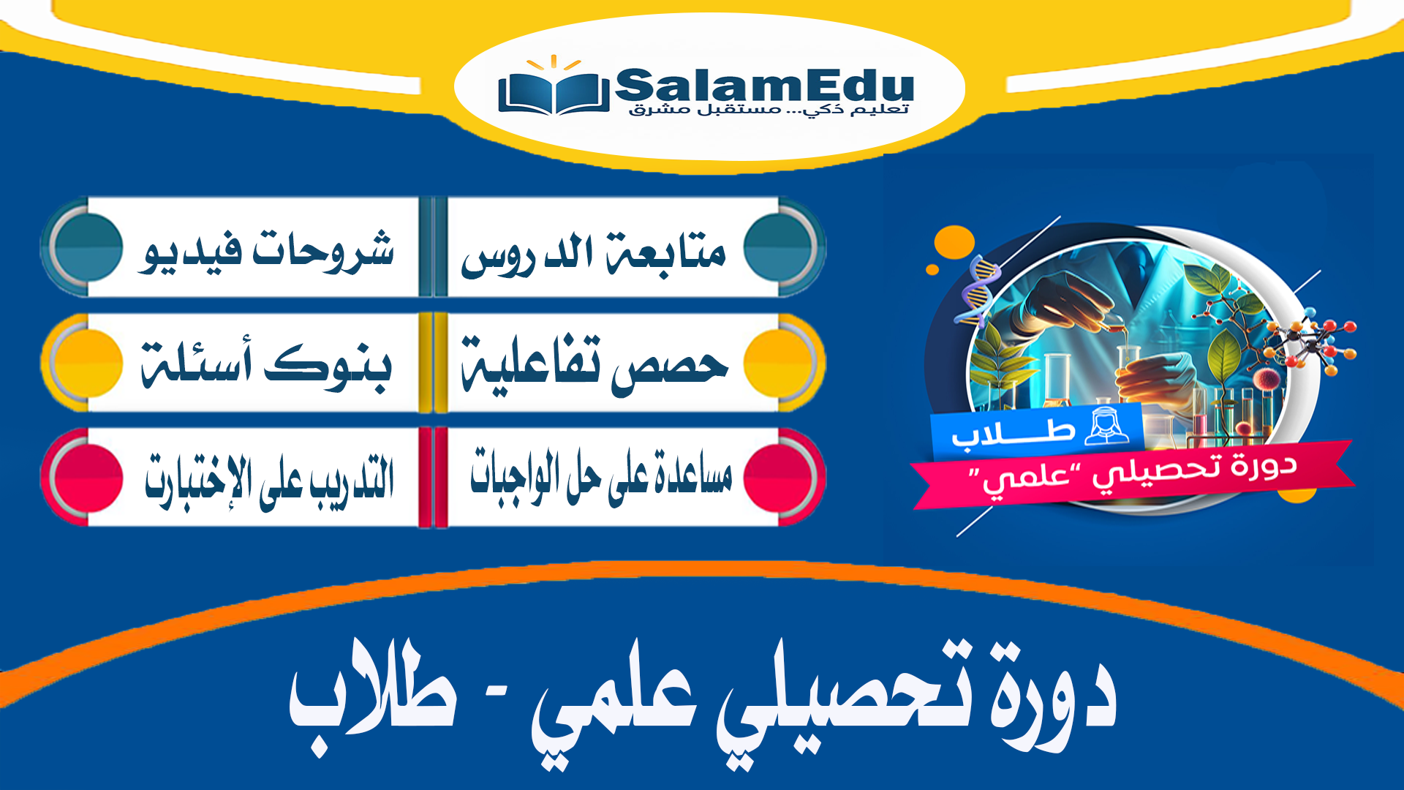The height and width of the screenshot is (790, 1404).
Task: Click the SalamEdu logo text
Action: click(x=763, y=86)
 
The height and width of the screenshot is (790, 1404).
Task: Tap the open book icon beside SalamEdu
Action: click(x=553, y=92)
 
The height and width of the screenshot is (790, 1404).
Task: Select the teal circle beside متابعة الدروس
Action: click(x=780, y=247)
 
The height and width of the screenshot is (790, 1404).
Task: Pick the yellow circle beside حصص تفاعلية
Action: click(x=780, y=362)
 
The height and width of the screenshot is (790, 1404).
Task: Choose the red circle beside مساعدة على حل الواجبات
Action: click(x=780, y=477)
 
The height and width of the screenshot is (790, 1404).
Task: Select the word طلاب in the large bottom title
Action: click(x=373, y=691)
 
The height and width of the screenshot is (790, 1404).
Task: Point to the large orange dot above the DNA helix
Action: click(x=954, y=241)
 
